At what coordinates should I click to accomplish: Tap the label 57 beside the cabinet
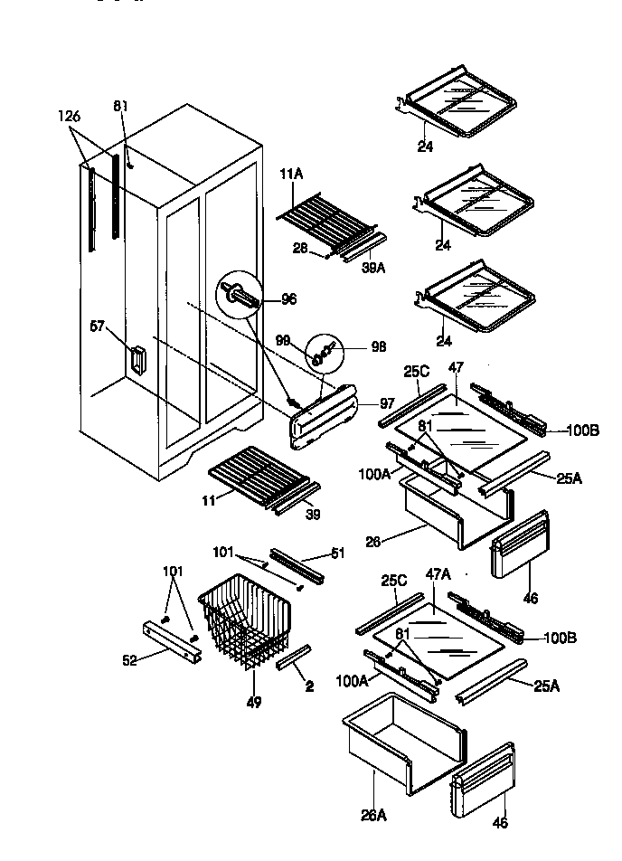tap(97, 326)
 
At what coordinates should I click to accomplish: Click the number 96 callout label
tap(288, 299)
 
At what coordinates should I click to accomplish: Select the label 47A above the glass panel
tap(438, 574)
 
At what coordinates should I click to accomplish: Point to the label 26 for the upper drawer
tap(373, 542)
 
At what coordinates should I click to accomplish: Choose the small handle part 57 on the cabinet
tap(136, 359)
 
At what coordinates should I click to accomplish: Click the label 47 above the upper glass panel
tap(457, 369)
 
